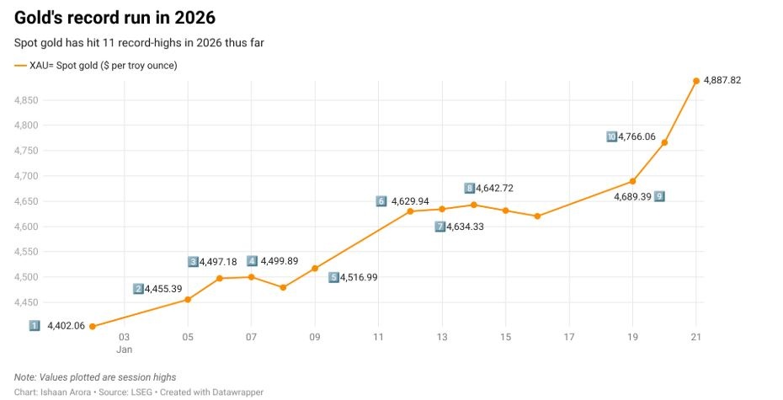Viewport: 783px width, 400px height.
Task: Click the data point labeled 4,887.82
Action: pos(696,81)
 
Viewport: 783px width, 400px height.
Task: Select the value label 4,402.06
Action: pos(66,326)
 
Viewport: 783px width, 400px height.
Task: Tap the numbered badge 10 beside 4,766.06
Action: pos(611,136)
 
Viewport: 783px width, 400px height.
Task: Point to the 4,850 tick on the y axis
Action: pos(26,100)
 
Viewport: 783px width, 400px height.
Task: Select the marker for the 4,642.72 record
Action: pos(473,205)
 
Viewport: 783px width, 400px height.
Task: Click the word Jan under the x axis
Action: pos(125,349)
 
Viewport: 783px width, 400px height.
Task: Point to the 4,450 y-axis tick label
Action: pos(26,302)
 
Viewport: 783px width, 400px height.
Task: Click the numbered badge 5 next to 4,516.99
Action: pos(333,277)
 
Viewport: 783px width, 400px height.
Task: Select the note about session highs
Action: pos(95,376)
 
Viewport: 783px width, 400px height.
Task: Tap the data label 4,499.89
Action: pos(280,261)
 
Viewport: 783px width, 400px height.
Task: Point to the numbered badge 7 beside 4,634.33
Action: pos(439,227)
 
